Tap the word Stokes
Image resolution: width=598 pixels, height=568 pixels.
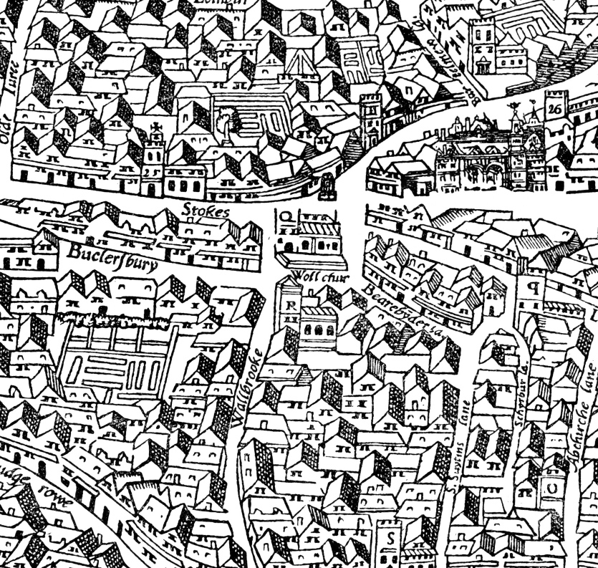point(206,211)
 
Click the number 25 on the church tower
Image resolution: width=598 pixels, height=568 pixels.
point(150,173)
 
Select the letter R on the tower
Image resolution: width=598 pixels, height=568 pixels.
point(291,304)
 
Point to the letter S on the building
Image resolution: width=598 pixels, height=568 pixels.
point(391,537)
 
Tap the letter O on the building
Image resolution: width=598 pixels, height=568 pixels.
point(554,487)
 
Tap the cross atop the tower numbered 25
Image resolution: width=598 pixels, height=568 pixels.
point(152,132)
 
